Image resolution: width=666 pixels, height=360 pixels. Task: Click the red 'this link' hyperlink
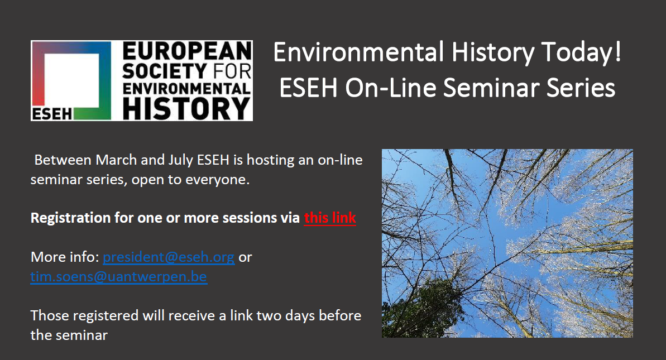pos(330,218)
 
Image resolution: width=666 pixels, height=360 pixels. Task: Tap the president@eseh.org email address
pos(169,258)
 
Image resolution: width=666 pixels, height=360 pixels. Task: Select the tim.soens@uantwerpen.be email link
pos(119,277)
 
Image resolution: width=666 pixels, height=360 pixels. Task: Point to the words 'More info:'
pos(65,258)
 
